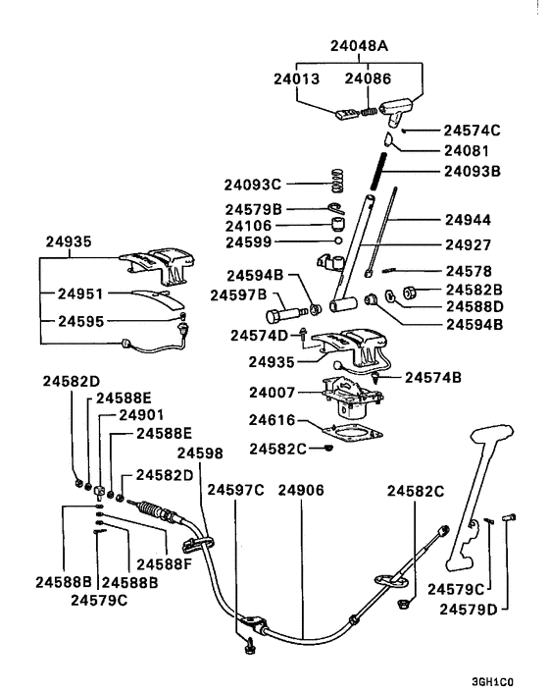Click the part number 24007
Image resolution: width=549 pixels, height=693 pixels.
273,393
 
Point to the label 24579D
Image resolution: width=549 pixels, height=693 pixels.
472,610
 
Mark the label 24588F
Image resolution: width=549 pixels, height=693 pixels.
162,563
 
